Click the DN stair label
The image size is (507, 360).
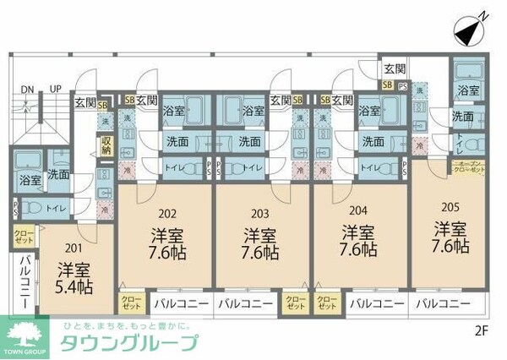(28, 89)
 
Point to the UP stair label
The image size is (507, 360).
(55, 89)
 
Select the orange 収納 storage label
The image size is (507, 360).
(106, 145)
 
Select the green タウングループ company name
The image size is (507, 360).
(128, 342)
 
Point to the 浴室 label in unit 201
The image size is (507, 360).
(29, 180)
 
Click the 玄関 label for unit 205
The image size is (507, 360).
(394, 69)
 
